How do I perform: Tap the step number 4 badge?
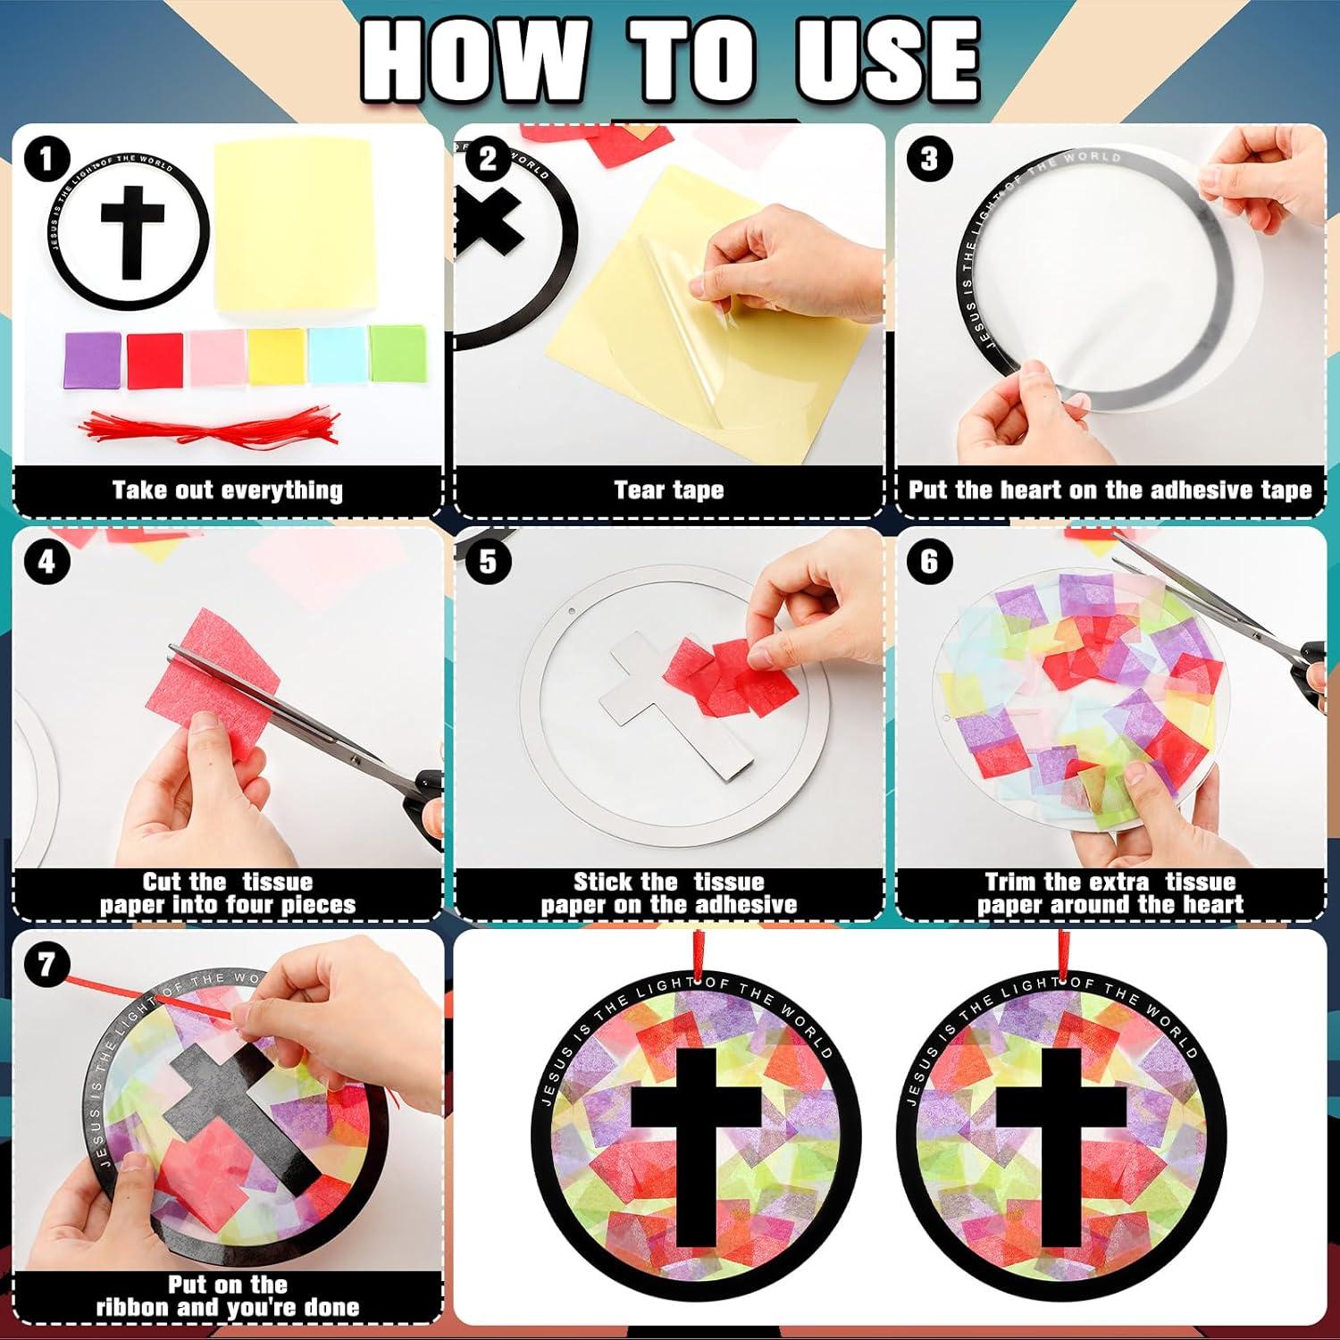[46, 562]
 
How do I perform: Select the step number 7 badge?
[46, 965]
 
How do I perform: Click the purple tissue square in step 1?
[92, 357]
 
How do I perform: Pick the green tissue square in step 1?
[398, 354]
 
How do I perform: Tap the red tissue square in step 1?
[155, 359]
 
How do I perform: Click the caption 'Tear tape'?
[668, 490]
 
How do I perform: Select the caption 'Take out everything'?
[227, 490]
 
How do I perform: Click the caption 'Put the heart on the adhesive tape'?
[1110, 490]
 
